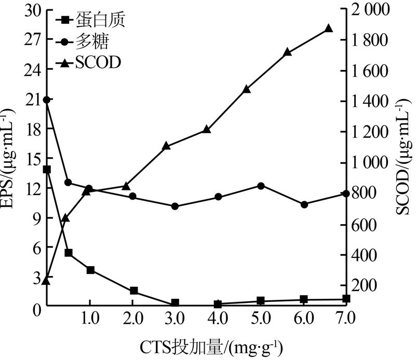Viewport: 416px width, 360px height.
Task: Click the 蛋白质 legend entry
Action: click(x=90, y=21)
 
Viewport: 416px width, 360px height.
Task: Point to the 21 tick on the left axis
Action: click(x=32, y=100)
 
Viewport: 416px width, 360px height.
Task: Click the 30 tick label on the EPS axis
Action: click(x=32, y=10)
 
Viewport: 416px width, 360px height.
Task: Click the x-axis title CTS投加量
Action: click(x=210, y=345)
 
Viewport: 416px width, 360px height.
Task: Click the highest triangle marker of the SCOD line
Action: click(x=328, y=29)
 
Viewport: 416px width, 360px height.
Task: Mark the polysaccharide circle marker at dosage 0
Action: click(x=47, y=100)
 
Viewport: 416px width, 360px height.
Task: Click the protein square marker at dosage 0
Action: click(x=47, y=170)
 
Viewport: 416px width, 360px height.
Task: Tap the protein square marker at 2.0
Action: click(x=133, y=291)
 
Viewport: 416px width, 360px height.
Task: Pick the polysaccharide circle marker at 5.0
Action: click(x=261, y=186)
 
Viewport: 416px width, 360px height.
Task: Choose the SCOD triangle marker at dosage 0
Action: click(x=47, y=281)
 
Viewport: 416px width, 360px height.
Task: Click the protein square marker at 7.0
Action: click(x=346, y=299)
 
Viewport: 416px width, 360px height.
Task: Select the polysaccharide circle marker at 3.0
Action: click(x=175, y=206)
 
